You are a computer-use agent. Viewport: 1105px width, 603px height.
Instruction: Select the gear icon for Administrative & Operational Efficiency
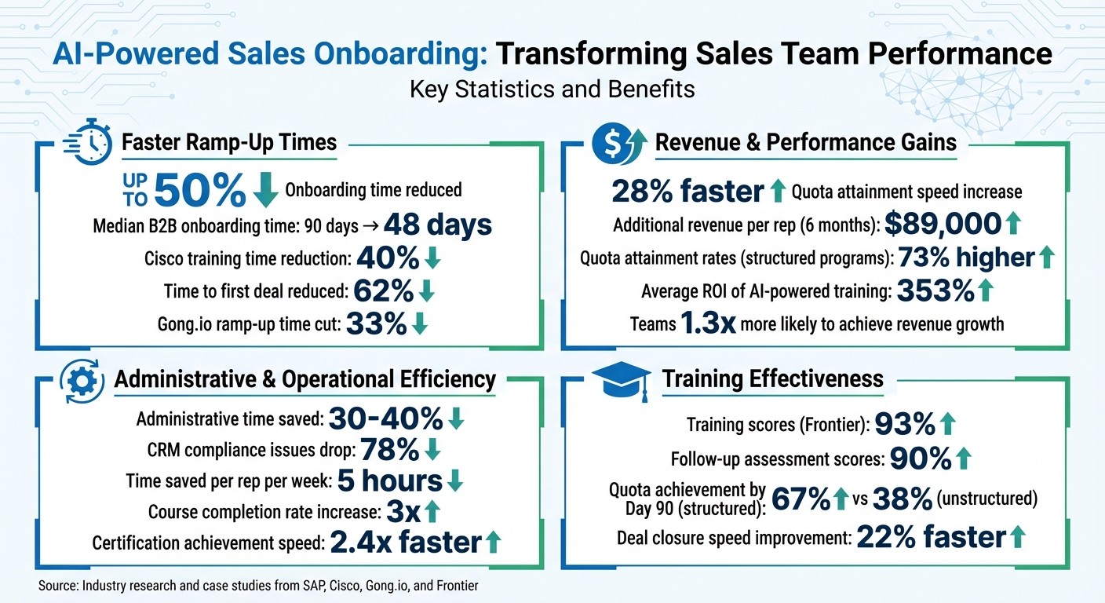(82, 380)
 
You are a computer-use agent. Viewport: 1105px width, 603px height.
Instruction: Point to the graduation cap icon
(621, 380)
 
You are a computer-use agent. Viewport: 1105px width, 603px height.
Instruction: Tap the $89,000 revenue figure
(943, 224)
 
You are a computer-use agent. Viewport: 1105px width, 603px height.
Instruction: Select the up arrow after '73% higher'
(1047, 258)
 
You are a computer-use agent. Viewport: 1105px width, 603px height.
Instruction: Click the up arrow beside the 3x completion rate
(431, 512)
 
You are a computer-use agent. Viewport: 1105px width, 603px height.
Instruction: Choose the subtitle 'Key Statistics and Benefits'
(552, 89)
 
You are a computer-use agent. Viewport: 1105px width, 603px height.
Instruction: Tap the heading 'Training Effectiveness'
(772, 379)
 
